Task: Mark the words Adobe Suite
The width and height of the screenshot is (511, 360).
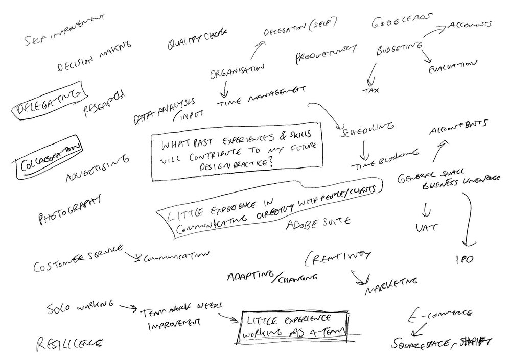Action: click(x=317, y=223)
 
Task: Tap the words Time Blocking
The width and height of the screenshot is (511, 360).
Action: click(x=385, y=160)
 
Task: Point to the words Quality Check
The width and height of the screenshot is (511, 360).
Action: click(x=197, y=41)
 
